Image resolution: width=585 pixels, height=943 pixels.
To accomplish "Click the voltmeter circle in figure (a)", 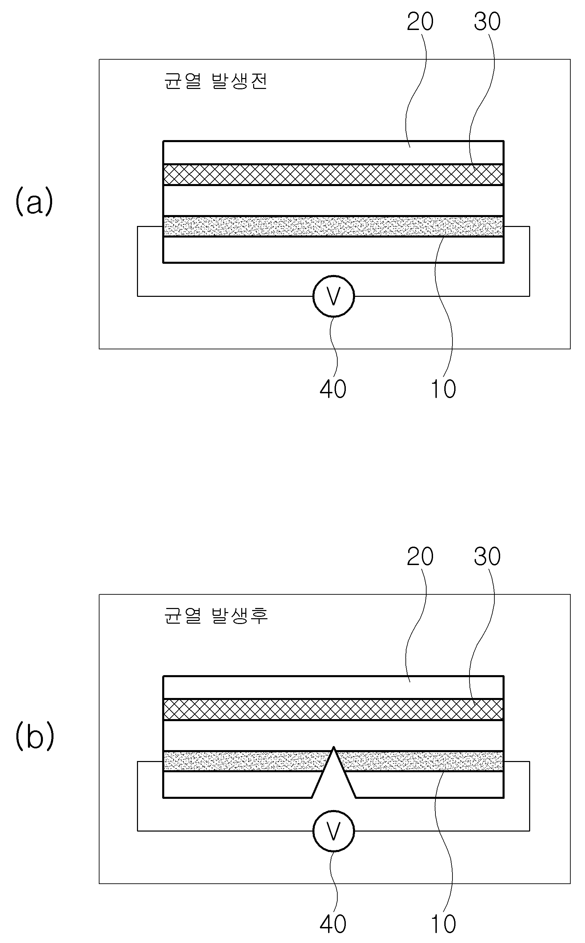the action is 334,296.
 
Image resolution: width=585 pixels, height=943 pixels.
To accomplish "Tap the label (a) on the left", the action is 34,201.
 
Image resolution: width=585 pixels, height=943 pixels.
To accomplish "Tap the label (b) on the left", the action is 34,736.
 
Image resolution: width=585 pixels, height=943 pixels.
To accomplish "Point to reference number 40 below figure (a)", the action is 333,389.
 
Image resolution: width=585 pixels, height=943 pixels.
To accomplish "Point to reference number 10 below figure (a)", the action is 443,389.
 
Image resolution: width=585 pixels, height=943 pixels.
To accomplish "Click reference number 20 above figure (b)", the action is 420,557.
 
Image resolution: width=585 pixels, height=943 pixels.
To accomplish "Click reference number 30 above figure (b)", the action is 487,557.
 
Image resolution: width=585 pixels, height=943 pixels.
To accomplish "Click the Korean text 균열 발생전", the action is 216,81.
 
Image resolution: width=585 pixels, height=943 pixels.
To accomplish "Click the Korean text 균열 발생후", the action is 216,615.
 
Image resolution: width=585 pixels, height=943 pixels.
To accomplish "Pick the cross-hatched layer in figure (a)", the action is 334,174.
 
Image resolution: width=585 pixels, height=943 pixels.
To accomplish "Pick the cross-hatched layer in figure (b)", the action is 334,709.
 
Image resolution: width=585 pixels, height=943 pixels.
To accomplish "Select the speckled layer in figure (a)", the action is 334,226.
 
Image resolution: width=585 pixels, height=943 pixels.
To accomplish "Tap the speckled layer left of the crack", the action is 244,761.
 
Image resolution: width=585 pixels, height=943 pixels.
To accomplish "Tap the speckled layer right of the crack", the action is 422,761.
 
